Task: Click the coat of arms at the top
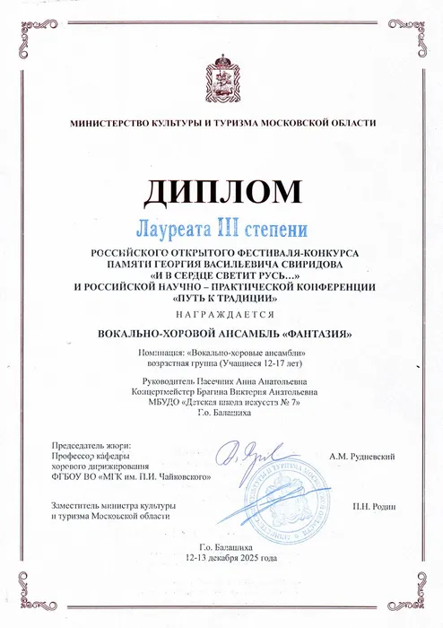coord(221,73)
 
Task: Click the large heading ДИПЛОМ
coord(221,191)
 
